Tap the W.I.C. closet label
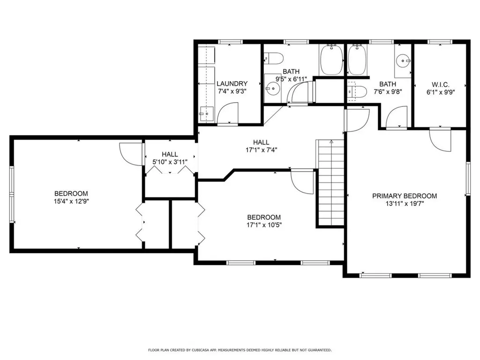(x=440, y=84)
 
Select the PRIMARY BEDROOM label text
(x=405, y=196)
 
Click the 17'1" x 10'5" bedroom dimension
(x=264, y=225)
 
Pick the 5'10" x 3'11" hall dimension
(x=170, y=162)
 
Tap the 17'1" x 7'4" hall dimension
(x=261, y=150)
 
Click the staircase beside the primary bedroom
(x=331, y=183)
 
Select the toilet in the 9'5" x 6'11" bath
(x=274, y=59)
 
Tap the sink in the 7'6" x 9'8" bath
(x=403, y=60)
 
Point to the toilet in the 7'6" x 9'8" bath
(x=356, y=91)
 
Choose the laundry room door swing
(x=229, y=114)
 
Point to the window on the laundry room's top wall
(x=229, y=42)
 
